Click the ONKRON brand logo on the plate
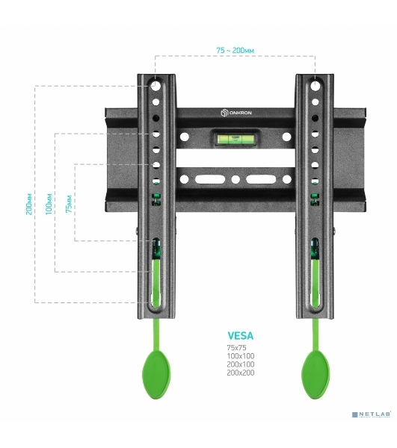click(236, 113)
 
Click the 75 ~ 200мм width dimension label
click(235, 51)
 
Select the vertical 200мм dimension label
click(29, 204)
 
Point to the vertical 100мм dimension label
click(49, 204)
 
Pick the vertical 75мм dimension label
click(69, 204)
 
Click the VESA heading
click(241, 336)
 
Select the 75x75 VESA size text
click(236, 348)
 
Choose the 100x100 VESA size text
click(241, 356)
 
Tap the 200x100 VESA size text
click(241, 364)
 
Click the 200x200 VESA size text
click(241, 373)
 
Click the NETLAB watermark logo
click(372, 414)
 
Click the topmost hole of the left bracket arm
click(156, 85)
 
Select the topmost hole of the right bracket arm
click(316, 86)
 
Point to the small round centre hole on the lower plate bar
click(236, 180)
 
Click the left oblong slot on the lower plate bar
click(210, 180)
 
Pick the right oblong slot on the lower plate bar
click(261, 180)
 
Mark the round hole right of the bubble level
click(286, 137)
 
